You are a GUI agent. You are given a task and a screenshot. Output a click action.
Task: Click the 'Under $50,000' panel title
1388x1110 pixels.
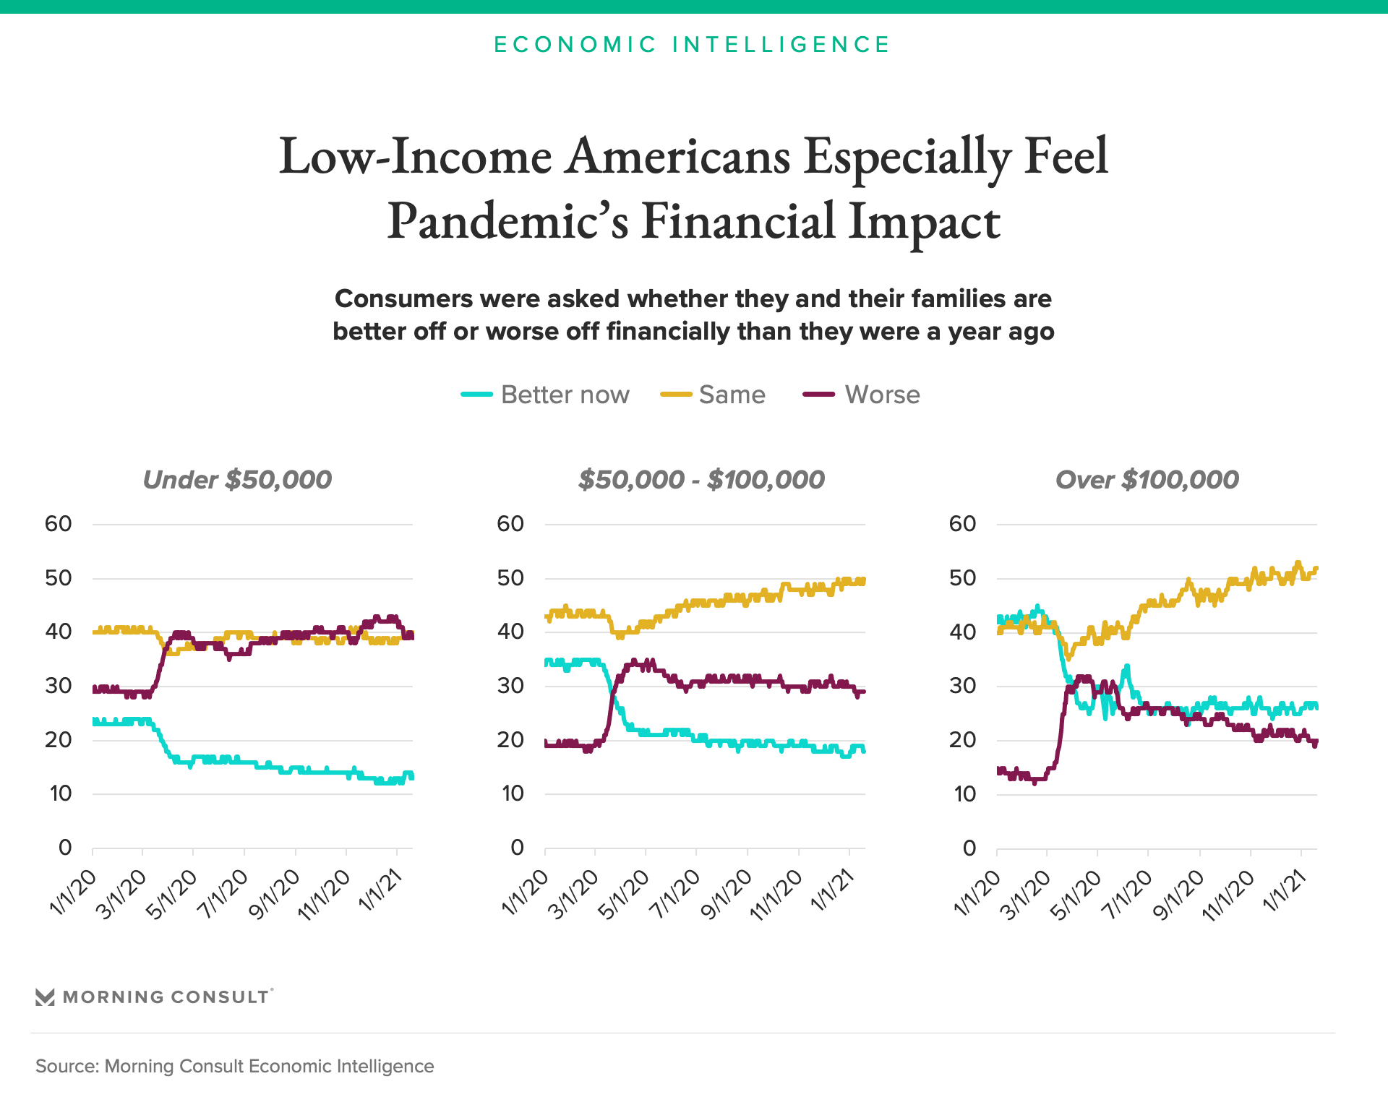(x=237, y=479)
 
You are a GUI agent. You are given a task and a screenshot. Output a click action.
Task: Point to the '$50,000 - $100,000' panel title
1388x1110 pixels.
(x=701, y=479)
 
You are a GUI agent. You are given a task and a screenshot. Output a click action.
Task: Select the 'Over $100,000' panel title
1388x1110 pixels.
(x=1147, y=479)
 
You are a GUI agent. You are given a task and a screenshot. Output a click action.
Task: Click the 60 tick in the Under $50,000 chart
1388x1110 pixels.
(x=59, y=524)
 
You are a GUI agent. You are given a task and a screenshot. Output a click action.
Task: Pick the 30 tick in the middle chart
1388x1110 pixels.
(x=510, y=686)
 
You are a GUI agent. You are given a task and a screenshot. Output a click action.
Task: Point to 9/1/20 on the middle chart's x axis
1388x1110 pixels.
(x=727, y=894)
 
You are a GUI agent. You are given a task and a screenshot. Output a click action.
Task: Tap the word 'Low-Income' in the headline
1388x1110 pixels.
(x=416, y=156)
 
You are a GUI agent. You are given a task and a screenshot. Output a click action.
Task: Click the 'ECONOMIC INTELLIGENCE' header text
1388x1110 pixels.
(x=692, y=45)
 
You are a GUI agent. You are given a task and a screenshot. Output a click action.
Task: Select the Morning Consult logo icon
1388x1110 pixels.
(x=45, y=997)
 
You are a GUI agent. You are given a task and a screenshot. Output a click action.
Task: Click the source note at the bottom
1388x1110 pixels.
(x=235, y=1066)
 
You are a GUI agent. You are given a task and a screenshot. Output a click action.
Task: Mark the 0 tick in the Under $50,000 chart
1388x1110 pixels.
(x=65, y=848)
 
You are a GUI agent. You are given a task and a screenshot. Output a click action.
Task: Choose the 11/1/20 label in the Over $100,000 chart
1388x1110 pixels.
(x=1229, y=895)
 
